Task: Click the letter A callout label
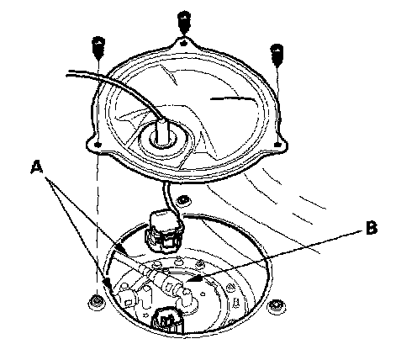pyautogui.click(x=37, y=167)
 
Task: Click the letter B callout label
pyautogui.click(x=372, y=228)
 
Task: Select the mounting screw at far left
pyautogui.click(x=98, y=48)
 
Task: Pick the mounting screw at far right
pyautogui.click(x=277, y=55)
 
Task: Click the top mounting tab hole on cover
pyautogui.click(x=183, y=43)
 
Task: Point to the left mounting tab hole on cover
pyautogui.click(x=98, y=145)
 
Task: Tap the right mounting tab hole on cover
pyautogui.click(x=277, y=145)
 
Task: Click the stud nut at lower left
pyautogui.click(x=97, y=303)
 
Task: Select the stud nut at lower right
pyautogui.click(x=277, y=307)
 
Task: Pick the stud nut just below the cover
pyautogui.click(x=183, y=200)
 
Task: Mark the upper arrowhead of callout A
pyautogui.click(x=123, y=251)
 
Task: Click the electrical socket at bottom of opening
pyautogui.click(x=168, y=321)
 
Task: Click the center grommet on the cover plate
pyautogui.click(x=164, y=138)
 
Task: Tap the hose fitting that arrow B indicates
pyautogui.click(x=171, y=285)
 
